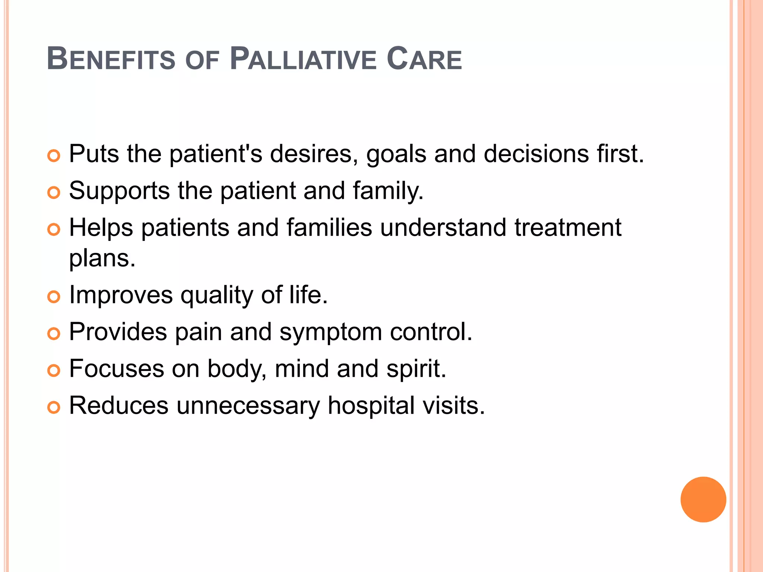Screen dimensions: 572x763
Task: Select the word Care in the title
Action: click(424, 59)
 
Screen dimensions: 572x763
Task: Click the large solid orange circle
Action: click(703, 499)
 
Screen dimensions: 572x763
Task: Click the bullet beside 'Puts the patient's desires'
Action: click(54, 156)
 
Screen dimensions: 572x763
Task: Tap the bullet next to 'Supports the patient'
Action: click(54, 193)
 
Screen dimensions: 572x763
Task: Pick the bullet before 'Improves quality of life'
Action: click(54, 297)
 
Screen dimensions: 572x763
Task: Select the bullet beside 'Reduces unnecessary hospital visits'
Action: click(54, 407)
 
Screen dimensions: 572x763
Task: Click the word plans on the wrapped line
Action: click(102, 259)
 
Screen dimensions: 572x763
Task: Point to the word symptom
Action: click(330, 333)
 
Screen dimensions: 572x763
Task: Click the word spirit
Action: click(416, 369)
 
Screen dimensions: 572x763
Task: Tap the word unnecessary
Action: click(248, 406)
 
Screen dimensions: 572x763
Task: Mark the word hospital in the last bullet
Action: click(371, 406)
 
